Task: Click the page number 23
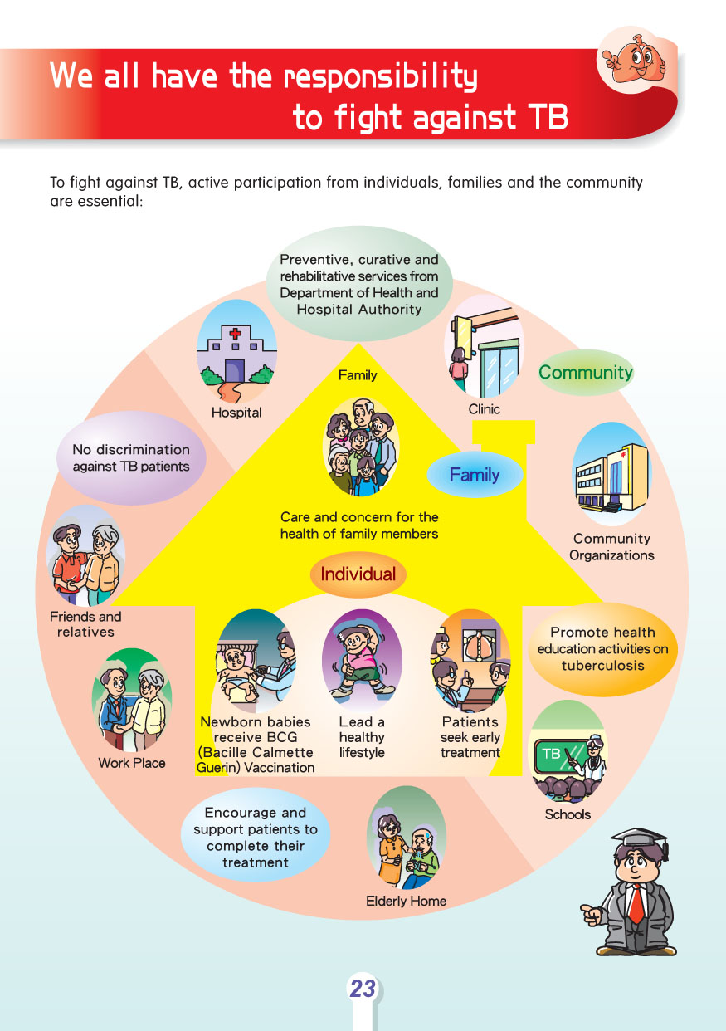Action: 363,989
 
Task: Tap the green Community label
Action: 585,373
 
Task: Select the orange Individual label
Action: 358,574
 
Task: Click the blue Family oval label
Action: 475,475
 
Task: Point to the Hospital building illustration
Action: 236,352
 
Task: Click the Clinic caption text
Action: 484,409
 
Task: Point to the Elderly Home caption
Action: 406,901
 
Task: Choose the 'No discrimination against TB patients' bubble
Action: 130,458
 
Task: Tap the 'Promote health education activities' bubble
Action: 602,649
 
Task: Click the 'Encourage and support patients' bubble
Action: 255,838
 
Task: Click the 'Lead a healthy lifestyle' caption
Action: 362,737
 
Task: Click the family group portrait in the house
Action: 359,445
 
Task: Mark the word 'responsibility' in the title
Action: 381,76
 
